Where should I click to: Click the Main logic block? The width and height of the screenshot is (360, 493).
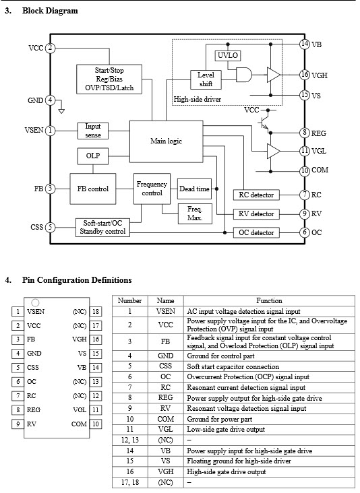click(166, 141)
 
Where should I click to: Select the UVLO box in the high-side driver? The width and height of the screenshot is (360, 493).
click(228, 56)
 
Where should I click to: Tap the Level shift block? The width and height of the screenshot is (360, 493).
click(206, 79)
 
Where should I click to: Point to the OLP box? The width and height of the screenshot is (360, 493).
click(93, 156)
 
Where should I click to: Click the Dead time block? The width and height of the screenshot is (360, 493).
click(194, 189)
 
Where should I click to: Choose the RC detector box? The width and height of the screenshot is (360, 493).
click(256, 195)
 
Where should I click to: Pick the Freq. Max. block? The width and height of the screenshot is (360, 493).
click(195, 213)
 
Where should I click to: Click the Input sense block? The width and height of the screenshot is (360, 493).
click(93, 131)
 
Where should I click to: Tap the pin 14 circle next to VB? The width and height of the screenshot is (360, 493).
click(304, 44)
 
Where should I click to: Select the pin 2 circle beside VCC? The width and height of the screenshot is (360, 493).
click(50, 48)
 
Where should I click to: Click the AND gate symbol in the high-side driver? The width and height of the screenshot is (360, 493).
click(244, 75)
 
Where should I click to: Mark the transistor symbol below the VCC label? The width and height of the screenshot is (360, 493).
click(264, 123)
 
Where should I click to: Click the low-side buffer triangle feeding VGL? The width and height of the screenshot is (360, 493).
click(273, 152)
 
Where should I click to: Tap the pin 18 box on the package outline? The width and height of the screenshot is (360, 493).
click(96, 312)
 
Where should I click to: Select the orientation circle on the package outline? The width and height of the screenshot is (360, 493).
click(36, 302)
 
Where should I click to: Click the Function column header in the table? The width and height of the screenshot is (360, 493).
click(269, 300)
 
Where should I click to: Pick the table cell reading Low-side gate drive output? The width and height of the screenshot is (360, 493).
click(226, 430)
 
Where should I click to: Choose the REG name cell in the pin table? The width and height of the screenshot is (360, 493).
click(166, 398)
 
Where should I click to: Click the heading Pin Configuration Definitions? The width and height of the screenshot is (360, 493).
click(77, 280)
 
